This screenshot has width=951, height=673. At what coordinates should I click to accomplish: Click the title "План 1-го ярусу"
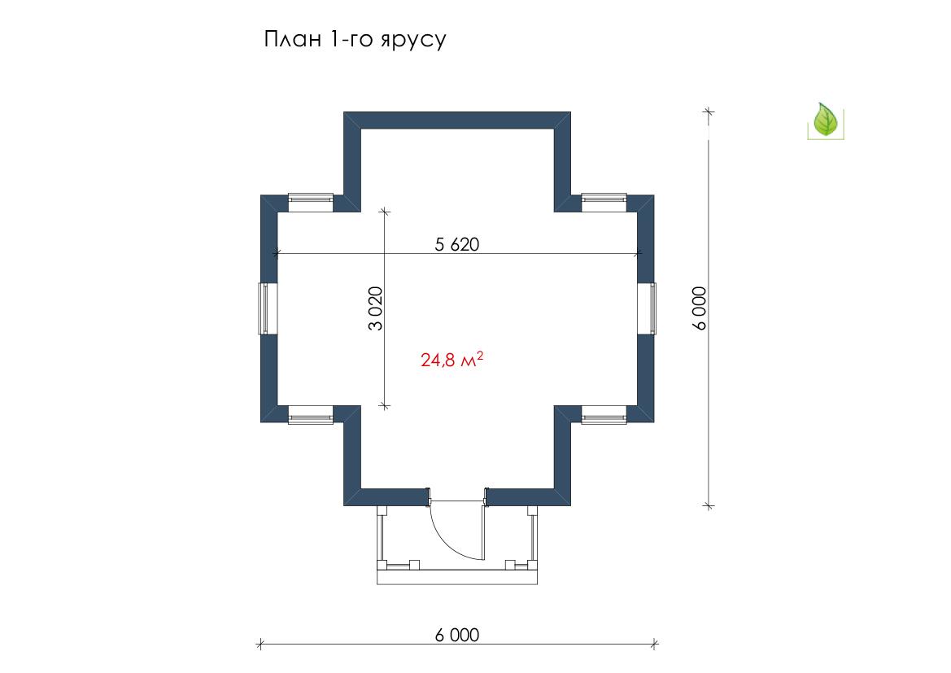coord(355,39)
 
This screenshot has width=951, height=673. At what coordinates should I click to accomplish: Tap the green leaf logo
coord(825,120)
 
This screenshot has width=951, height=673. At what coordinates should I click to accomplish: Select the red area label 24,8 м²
coord(452,360)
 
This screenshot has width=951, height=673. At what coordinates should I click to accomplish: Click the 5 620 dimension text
coord(456,244)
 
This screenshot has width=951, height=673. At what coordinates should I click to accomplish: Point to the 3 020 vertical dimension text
coord(375,308)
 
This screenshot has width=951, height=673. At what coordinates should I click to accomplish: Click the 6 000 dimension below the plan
coord(456,635)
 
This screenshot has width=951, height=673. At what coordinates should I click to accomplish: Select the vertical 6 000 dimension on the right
coord(700,308)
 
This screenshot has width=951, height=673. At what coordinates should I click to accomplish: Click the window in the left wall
coord(268,308)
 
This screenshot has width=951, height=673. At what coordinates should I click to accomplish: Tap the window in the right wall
coord(647,308)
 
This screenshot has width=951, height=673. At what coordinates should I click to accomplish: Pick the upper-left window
coord(311,202)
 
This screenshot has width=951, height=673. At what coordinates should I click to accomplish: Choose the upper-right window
coord(604,202)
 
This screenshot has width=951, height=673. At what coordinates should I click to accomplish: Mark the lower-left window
coord(311,414)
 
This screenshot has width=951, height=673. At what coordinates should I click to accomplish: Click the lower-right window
coord(604,414)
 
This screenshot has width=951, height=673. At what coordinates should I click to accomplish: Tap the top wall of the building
coord(457,120)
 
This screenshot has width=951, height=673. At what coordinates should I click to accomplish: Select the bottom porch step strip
coord(457,577)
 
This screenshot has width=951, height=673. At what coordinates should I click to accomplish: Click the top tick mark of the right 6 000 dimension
coord(709,111)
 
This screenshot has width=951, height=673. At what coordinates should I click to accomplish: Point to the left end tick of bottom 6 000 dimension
coord(260,644)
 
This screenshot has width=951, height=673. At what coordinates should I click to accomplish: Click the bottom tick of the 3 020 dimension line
coord(384,405)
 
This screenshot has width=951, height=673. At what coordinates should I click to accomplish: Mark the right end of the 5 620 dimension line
coord(638,253)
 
